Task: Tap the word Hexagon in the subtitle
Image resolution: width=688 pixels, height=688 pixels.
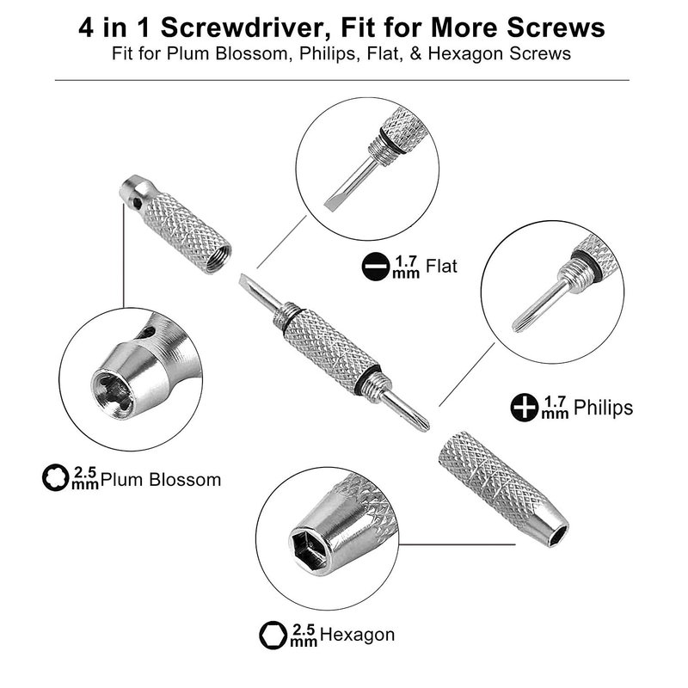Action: click(x=465, y=53)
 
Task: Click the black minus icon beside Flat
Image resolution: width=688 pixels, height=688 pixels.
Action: click(x=376, y=267)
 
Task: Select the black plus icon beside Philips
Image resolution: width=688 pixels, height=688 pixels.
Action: click(x=525, y=407)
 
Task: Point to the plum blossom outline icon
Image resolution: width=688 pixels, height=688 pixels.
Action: click(x=55, y=477)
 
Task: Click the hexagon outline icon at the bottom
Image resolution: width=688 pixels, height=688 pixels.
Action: click(x=273, y=635)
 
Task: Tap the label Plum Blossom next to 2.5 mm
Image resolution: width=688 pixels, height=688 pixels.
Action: click(x=161, y=480)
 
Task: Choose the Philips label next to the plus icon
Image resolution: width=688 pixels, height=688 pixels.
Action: click(x=603, y=408)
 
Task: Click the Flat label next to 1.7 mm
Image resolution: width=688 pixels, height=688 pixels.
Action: click(x=441, y=267)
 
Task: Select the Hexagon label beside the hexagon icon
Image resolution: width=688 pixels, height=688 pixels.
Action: click(x=357, y=635)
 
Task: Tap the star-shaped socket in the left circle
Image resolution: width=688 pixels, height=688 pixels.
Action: click(x=113, y=392)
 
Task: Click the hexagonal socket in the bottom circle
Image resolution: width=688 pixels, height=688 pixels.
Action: click(x=308, y=547)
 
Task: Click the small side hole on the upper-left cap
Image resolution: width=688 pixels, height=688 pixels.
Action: click(x=138, y=203)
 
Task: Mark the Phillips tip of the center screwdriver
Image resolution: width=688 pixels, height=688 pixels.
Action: click(x=422, y=424)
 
